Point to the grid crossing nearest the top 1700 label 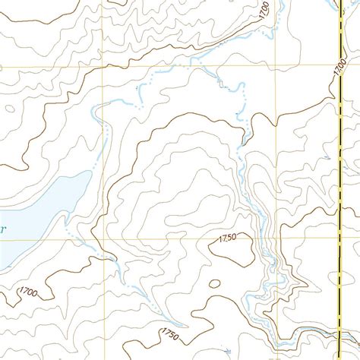coord(273,67)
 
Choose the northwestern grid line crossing coord(99,67)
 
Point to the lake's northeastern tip coord(84,175)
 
